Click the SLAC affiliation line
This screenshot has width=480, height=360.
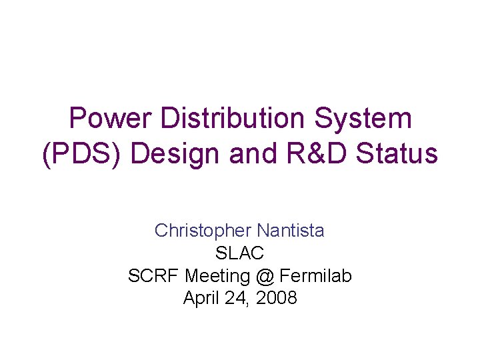pyautogui.click(x=240, y=253)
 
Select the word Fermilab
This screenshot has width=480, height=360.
pyautogui.click(x=316, y=275)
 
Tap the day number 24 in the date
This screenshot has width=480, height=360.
pyautogui.click(x=237, y=297)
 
